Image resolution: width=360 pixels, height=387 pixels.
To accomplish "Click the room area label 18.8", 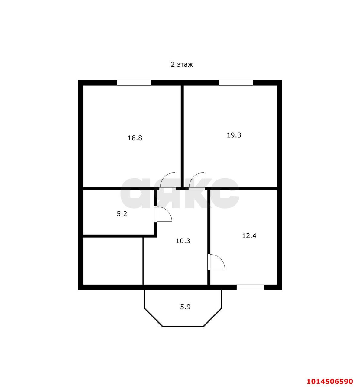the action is coord(135,138).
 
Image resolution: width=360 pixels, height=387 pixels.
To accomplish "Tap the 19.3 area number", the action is coord(234,135).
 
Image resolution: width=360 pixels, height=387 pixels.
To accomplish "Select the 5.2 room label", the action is coord(122,214).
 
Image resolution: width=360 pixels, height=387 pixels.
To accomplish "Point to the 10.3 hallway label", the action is coord(183,241).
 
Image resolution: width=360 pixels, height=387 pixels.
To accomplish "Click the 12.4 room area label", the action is coord(249,236).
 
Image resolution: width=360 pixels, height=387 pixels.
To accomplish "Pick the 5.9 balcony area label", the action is coord(185,307).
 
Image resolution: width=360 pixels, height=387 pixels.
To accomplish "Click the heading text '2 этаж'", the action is coord(182,64).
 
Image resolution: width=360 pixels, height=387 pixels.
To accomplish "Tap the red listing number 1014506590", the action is coord(330,380).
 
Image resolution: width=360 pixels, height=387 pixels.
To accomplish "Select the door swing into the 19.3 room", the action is coord(196,181).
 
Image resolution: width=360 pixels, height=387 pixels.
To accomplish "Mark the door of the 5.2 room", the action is coord(163,214).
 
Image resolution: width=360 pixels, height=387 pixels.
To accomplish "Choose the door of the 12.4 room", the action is coord(216,262).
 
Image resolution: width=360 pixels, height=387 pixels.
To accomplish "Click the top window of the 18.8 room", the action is coord(134,83).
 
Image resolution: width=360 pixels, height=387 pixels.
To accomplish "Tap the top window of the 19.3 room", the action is coord(236,83).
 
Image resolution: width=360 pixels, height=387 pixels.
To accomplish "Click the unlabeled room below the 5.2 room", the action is coord(113,261).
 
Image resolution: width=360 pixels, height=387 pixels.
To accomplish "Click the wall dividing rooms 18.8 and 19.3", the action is coord(182,136).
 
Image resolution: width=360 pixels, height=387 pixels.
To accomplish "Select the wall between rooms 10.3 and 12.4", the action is coord(209,237).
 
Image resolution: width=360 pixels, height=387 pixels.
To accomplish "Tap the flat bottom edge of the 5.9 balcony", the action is coord(183,327).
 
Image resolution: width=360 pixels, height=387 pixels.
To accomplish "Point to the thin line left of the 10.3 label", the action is coord(143,261).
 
